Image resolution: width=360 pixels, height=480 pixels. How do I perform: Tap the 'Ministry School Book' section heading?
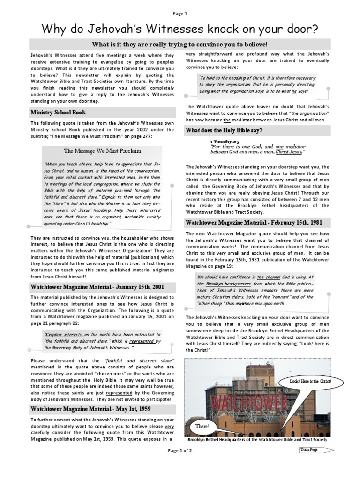[x=58, y=112]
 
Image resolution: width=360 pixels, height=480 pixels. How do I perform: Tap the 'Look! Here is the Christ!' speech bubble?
[x=310, y=382]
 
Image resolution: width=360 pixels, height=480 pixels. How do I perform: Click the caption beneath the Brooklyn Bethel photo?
[x=257, y=440]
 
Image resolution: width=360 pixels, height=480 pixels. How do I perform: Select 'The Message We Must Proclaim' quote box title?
[x=102, y=151]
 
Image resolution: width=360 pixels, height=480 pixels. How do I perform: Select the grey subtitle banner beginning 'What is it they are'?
[x=180, y=44]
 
